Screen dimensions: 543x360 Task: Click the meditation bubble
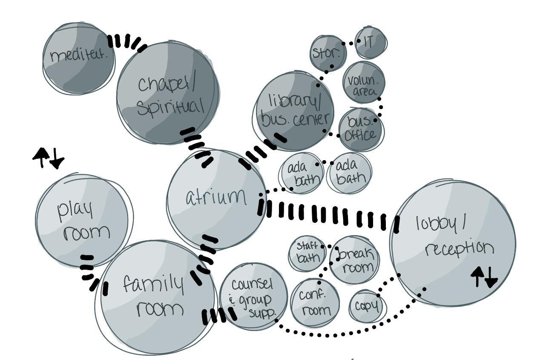pos(79,58)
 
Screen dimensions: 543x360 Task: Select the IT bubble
pos(371,43)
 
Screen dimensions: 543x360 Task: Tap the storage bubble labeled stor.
pos(328,53)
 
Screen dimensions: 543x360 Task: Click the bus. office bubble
pos(361,129)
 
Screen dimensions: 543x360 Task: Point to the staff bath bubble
pos(307,253)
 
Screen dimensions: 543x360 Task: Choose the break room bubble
pos(354,260)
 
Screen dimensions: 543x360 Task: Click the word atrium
pos(216,197)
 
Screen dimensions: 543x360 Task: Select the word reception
pos(460,249)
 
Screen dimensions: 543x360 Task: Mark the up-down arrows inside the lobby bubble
pos(484,277)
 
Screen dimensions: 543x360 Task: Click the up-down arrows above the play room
pos(49,158)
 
